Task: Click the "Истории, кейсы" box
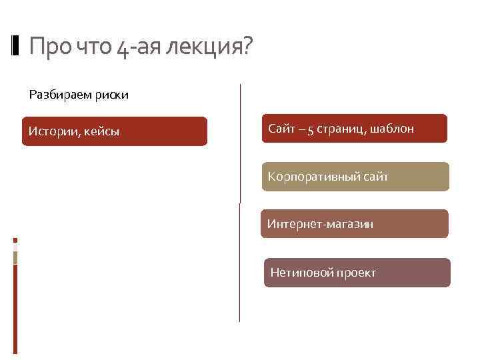pyautogui.click(x=114, y=131)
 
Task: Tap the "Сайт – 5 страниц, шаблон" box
pyautogui.click(x=354, y=128)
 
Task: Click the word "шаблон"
pyautogui.click(x=393, y=128)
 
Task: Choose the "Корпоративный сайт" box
pyautogui.click(x=355, y=177)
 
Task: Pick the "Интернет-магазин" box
pyautogui.click(x=354, y=224)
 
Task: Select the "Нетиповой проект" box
pyautogui.click(x=357, y=273)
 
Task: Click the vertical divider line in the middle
pyautogui.click(x=239, y=200)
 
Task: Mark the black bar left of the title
pyautogui.click(x=16, y=47)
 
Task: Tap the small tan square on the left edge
pyautogui.click(x=15, y=257)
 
